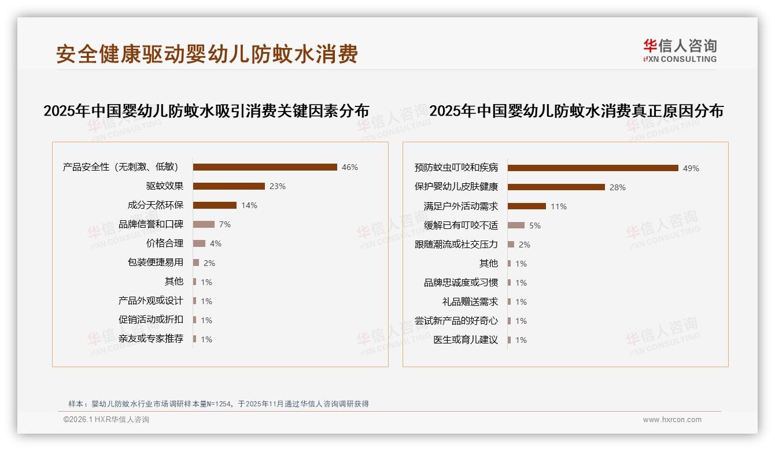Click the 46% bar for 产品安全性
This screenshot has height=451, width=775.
265,167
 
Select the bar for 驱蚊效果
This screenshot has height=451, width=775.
229,186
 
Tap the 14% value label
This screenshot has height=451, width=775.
249,205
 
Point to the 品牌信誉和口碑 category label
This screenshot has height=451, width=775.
150,224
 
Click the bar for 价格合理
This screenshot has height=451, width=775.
199,243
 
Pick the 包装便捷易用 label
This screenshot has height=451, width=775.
155,263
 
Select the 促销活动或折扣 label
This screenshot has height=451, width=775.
150,320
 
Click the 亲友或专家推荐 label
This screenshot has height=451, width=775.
150,339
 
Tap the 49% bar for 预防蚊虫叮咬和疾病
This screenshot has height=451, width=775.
593,168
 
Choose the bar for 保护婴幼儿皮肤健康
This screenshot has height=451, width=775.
556,187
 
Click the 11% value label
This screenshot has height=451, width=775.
559,206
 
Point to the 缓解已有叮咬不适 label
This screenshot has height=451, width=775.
460,226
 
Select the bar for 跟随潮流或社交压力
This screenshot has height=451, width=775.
511,245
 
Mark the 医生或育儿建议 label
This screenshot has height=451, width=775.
465,340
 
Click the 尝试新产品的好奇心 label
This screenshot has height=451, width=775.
456,321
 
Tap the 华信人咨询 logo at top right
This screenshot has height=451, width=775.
680,50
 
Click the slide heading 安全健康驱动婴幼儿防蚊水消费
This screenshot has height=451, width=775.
206,54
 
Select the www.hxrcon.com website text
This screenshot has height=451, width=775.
672,420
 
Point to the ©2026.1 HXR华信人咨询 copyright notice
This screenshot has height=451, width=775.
106,420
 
